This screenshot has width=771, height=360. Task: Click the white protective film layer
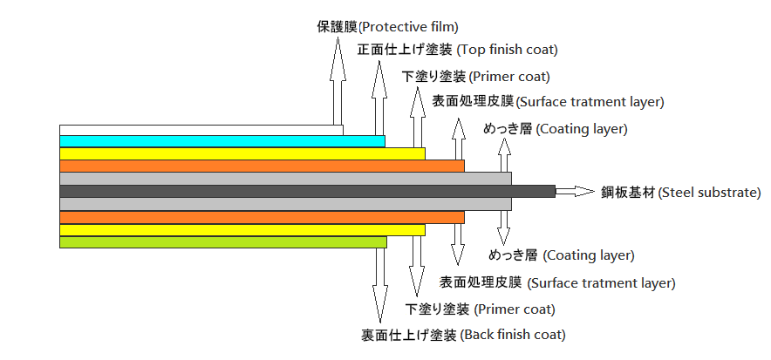[201, 130]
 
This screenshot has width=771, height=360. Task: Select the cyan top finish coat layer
[222, 141]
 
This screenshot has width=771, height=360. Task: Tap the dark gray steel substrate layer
[307, 191]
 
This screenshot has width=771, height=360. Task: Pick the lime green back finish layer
[222, 242]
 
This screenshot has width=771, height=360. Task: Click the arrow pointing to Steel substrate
[576, 191]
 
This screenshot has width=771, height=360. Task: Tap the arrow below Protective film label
[338, 80]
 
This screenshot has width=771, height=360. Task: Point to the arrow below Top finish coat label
[379, 98]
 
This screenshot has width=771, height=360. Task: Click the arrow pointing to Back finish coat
[379, 285]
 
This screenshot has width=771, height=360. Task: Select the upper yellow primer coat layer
[242, 153]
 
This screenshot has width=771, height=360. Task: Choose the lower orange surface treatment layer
[262, 217]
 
